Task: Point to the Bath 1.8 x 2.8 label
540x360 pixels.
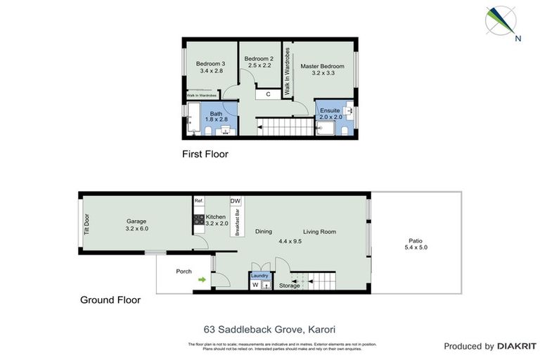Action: (216, 116)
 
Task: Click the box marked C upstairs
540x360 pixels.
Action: (268, 94)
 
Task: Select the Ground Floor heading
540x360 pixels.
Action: (110, 300)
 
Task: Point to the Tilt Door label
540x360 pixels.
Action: (86, 224)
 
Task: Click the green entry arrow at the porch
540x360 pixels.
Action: (202, 280)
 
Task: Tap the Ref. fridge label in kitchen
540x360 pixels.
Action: (199, 201)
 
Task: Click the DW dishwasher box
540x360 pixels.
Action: (235, 201)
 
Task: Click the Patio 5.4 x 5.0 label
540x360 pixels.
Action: (416, 243)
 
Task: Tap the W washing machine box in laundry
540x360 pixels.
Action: (255, 285)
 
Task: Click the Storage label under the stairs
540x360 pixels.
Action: (289, 285)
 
